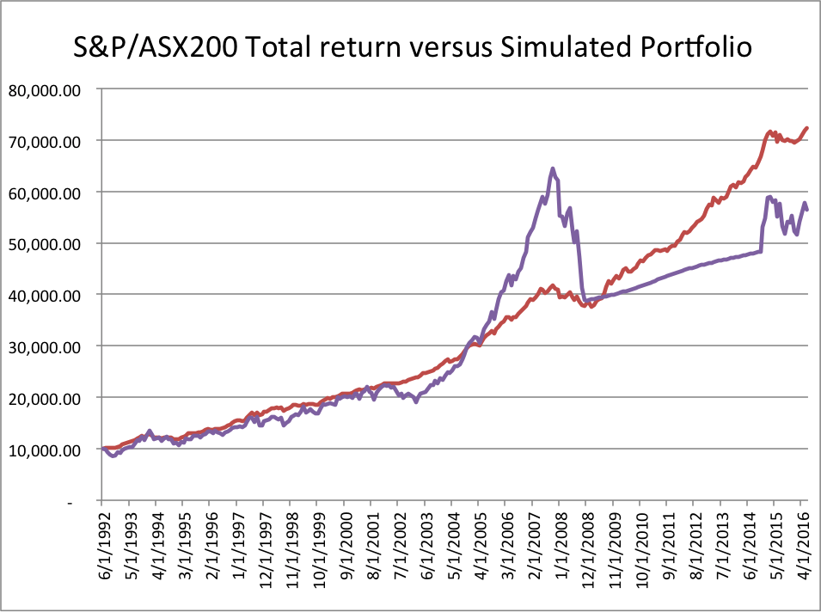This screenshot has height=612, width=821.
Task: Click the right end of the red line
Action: (x=807, y=128)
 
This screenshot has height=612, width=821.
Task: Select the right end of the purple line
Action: (x=807, y=210)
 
